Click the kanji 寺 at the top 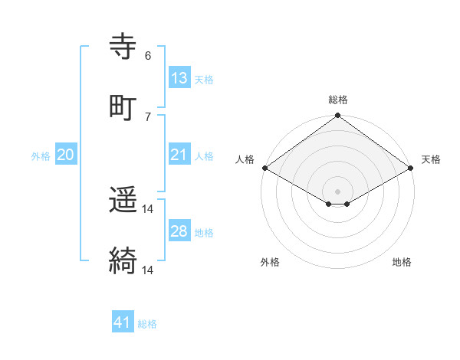[x=123, y=47]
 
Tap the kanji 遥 [x=123, y=201]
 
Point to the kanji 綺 [x=123, y=261]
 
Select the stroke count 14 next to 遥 [x=148, y=209]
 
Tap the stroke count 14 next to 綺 [x=148, y=270]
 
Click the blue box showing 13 [x=179, y=77]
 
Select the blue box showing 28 [x=179, y=231]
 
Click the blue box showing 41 [x=123, y=322]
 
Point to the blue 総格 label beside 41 [x=147, y=324]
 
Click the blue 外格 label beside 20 [x=41, y=155]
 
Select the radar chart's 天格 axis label [x=431, y=159]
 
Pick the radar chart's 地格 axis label [x=402, y=262]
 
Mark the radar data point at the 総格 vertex [x=337, y=116]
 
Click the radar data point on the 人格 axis [x=264, y=168]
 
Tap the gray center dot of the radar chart [x=337, y=191]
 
